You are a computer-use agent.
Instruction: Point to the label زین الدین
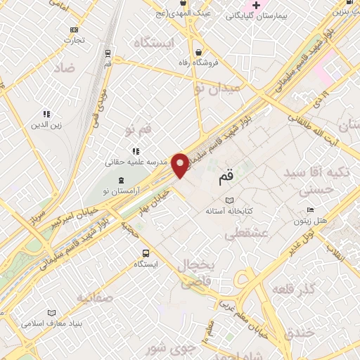click(x=46, y=125)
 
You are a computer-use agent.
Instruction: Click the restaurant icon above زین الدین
click(x=46, y=113)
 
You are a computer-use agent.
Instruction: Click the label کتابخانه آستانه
click(x=229, y=211)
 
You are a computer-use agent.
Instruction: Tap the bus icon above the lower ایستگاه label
click(x=146, y=253)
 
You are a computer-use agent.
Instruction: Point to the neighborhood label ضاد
click(x=63, y=67)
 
